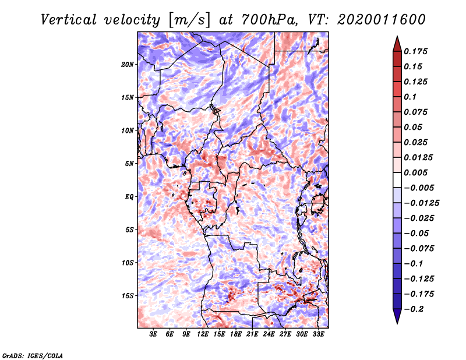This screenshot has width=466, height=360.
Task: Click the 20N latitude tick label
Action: click(128, 65)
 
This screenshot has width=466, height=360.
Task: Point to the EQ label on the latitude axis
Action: click(129, 197)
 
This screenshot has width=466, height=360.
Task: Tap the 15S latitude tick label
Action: click(128, 296)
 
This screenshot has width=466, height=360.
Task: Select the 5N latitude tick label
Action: click(129, 164)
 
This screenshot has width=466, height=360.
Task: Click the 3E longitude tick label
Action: click(153, 334)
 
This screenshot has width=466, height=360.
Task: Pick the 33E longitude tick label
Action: click(318, 334)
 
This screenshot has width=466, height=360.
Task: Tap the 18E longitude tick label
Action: click(236, 334)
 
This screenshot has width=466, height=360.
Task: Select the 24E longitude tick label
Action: click(269, 334)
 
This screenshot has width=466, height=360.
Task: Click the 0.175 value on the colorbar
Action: click(415, 51)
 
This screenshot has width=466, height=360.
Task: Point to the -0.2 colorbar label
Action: click(414, 309)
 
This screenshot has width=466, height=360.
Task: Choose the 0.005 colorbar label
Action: click(415, 172)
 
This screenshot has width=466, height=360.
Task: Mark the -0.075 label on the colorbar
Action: click(419, 249)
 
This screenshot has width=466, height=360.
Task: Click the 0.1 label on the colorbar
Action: click(410, 97)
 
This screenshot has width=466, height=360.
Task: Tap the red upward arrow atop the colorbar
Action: click(397, 44)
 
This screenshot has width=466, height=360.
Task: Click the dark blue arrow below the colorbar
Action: click(397, 316)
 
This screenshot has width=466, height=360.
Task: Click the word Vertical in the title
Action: click(69, 20)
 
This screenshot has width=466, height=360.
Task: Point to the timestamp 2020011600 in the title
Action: click(382, 20)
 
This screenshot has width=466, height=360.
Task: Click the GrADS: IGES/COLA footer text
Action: click(33, 356)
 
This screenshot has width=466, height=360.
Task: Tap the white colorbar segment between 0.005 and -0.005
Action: click(397, 180)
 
